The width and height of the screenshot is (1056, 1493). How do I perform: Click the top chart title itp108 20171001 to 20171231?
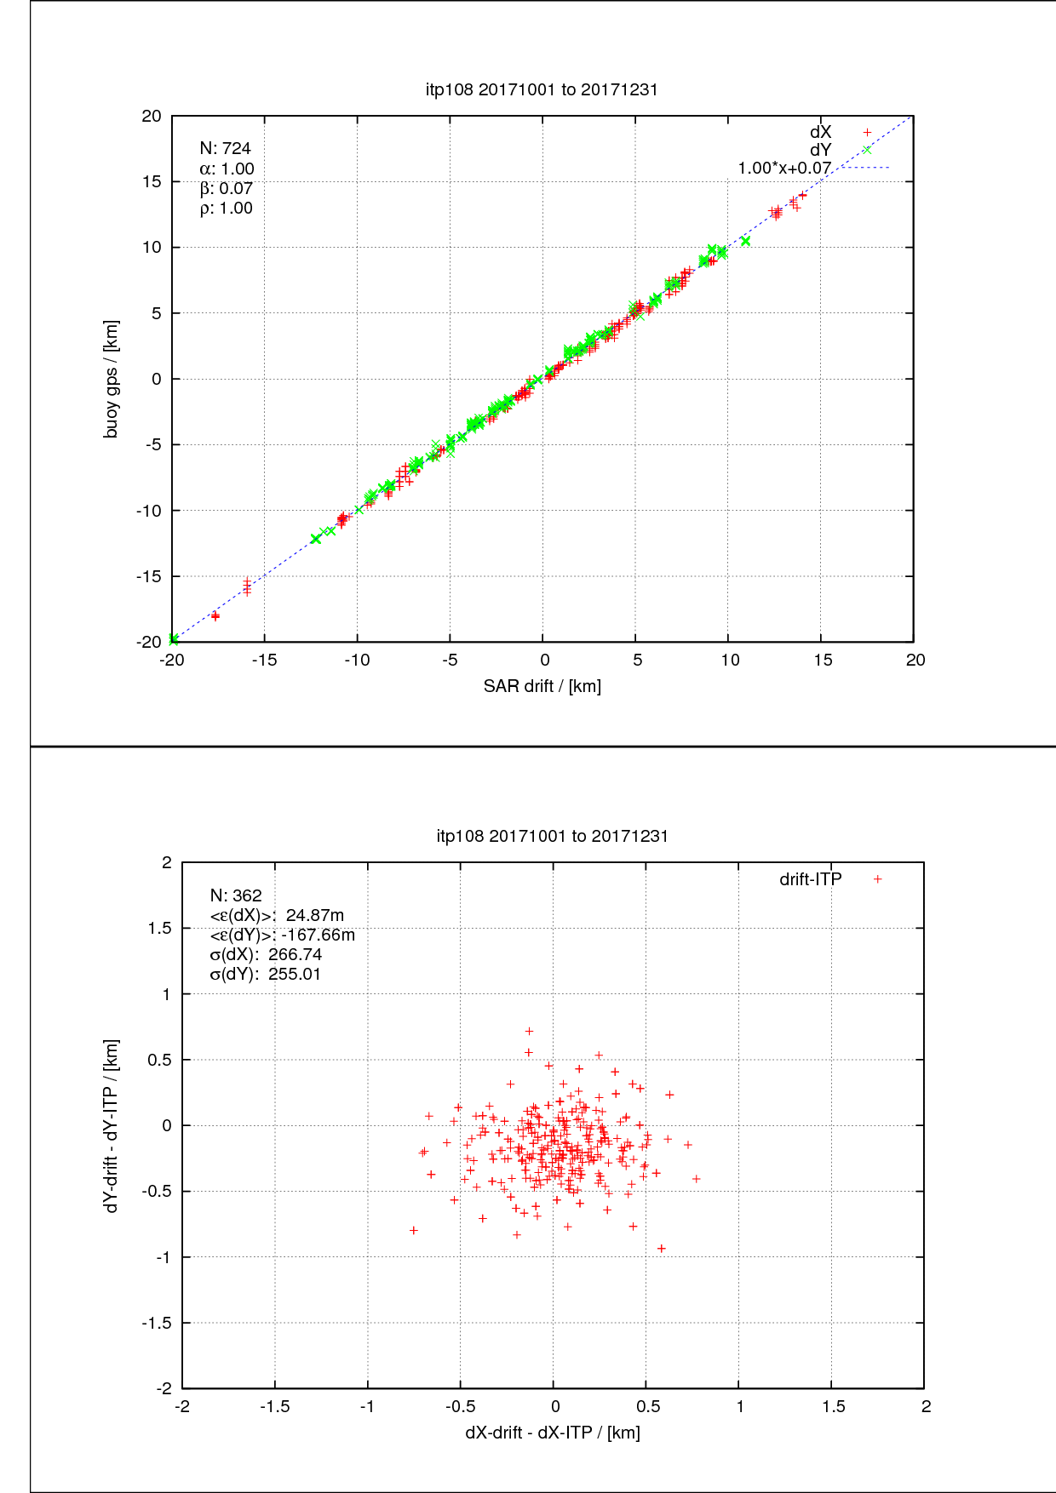pos(542,89)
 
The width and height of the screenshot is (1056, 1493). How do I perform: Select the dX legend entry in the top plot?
pos(820,132)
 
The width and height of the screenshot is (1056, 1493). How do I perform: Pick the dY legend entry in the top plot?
pos(820,151)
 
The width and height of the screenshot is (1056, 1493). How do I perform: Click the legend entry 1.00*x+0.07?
pos(784,169)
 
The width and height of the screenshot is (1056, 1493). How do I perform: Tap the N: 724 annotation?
pos(226,149)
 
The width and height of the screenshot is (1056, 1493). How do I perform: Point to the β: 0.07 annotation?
pos(227,188)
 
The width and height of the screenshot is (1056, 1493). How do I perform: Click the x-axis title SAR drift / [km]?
pos(542,686)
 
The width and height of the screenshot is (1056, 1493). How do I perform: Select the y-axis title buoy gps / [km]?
pos(112,379)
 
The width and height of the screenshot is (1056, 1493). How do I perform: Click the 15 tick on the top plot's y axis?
pos(152,181)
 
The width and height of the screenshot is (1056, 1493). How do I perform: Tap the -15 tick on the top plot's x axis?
pos(264,660)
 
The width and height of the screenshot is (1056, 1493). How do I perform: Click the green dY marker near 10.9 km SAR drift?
pos(745,241)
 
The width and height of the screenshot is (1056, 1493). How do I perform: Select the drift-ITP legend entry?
pos(810,879)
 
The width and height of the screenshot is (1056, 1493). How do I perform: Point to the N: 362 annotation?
pos(236,895)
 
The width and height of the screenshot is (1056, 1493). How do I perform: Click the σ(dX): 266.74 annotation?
pos(266,954)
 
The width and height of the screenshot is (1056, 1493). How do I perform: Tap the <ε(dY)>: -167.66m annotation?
pos(282,935)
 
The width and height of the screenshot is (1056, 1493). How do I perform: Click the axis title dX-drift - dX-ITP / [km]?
pos(553,1433)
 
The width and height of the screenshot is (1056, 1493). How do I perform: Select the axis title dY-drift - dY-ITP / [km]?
pos(112,1125)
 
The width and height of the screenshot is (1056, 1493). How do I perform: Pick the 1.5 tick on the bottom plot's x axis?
pos(833,1406)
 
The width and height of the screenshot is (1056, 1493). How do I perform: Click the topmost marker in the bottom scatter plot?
pos(529,1032)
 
